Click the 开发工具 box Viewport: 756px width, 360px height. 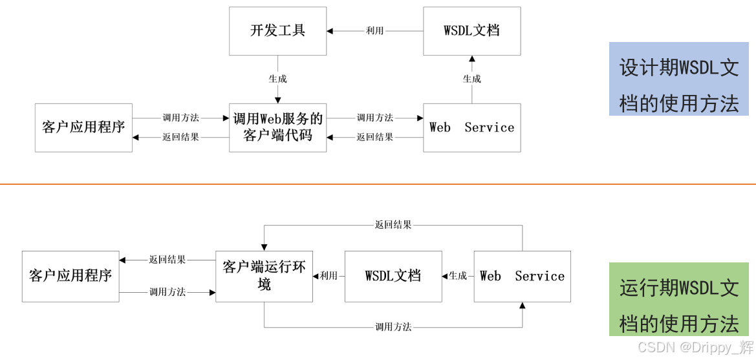(277, 31)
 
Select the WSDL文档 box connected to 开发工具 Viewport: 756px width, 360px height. (471, 31)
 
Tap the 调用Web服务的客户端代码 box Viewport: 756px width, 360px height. (277, 127)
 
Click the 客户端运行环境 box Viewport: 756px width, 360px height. (264, 276)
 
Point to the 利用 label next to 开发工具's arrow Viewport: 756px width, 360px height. (374, 30)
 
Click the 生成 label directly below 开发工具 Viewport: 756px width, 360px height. (277, 79)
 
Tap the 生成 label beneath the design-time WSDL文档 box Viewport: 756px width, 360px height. (471, 79)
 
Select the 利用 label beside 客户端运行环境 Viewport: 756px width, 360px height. (329, 276)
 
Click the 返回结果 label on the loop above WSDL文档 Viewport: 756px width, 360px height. (393, 225)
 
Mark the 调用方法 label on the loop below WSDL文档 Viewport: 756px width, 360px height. (393, 326)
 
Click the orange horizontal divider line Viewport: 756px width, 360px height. (378, 184)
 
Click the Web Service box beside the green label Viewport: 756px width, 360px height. (522, 276)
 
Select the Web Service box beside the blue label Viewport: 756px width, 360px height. (471, 127)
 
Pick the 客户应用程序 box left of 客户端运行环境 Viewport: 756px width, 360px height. (70, 276)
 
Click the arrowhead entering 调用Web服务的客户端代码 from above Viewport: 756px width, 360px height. (277, 100)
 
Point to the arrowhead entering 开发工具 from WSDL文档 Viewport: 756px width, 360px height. (330, 30)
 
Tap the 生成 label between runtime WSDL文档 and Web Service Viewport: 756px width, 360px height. (458, 276)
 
